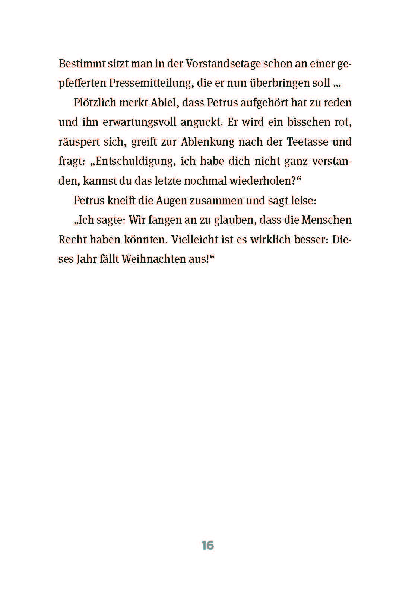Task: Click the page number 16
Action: click(207, 545)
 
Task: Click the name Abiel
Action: click(156, 102)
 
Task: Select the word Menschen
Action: click(326, 220)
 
